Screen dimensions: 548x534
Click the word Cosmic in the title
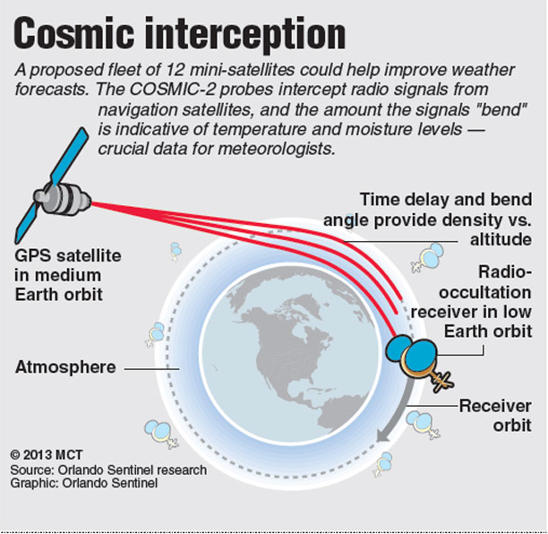(73, 33)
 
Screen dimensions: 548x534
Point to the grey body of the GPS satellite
(63, 199)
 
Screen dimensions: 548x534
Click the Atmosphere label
(65, 367)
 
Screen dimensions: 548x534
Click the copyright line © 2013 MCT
(47, 455)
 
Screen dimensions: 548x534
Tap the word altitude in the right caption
(501, 240)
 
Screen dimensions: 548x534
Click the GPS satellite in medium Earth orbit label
(68, 275)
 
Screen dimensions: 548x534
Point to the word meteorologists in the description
(276, 149)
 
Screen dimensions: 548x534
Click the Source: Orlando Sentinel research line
(108, 470)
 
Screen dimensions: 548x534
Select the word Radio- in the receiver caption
(505, 272)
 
